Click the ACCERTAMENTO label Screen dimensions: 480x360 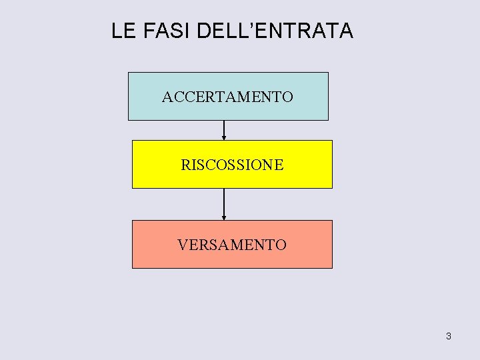point(227,97)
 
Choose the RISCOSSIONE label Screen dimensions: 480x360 point(232,165)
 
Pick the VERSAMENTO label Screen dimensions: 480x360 point(232,245)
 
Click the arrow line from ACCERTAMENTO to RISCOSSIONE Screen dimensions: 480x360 point(224,128)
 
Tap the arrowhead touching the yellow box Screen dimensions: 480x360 point(224,138)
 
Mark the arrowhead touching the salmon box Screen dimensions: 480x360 point(224,218)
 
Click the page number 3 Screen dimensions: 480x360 point(448,336)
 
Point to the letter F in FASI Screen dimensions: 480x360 point(147,31)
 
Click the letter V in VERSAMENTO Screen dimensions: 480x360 point(183,245)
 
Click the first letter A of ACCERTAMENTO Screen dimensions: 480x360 point(167,97)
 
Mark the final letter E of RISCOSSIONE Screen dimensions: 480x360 point(279,165)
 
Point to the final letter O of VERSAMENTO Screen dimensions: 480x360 point(281,245)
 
